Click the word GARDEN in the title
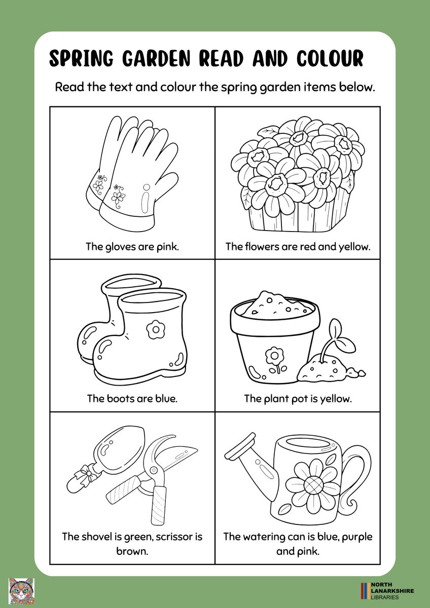tap(156, 58)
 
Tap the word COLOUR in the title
tap(330, 58)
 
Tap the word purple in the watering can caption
tap(357, 537)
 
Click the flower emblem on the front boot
tap(156, 329)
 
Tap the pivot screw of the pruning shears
tap(154, 469)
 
